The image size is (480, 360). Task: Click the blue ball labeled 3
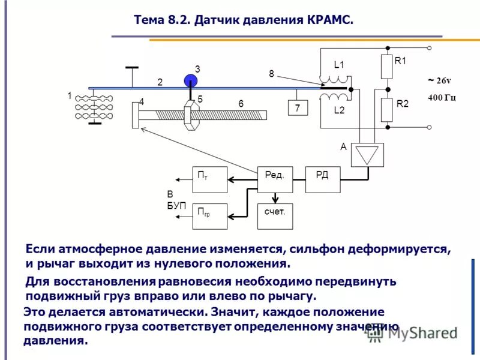point(191,82)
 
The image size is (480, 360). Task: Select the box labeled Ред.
point(275,179)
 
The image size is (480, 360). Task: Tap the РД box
point(323,179)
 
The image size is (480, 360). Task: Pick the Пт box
point(209,179)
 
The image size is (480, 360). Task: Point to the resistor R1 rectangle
point(387,67)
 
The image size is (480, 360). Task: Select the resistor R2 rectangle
point(387,109)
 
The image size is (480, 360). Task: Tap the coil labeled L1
point(334,80)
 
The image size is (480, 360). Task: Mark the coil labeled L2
point(334,97)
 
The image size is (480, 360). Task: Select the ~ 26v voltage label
point(439,80)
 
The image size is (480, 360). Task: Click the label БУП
point(176,206)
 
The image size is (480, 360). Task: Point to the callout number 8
point(271,73)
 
